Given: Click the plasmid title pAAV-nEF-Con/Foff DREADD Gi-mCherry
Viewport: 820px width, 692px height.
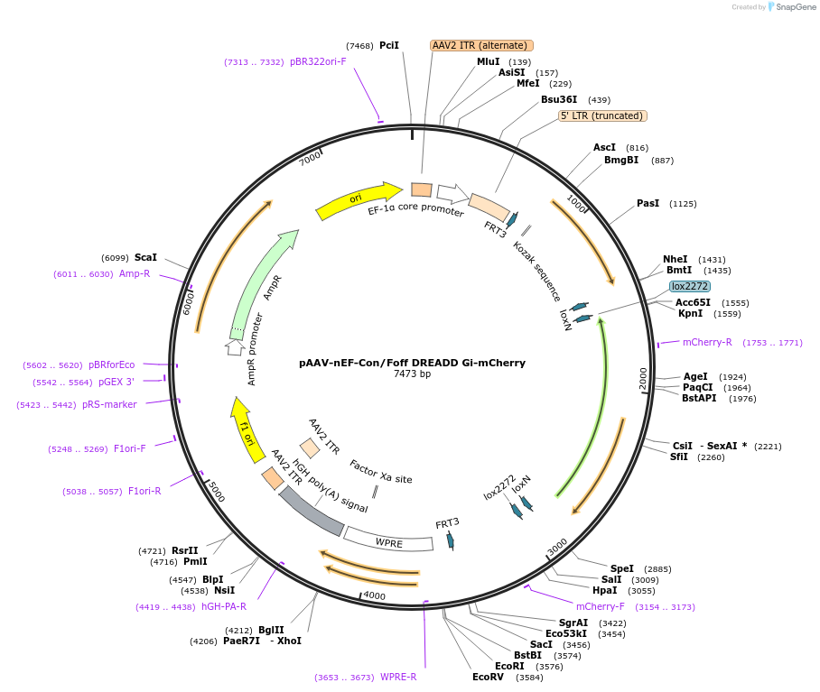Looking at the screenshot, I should pos(412,363).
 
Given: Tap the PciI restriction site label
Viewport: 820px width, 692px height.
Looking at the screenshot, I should pos(389,45).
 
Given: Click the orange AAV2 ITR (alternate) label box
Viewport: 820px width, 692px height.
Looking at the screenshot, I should pos(482,45).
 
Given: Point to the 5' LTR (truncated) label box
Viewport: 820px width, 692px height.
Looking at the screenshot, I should pos(602,115).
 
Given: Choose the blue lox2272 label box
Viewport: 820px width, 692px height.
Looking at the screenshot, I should pos(690,286).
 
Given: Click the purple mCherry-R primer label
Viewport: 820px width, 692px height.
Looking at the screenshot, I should pos(707,343).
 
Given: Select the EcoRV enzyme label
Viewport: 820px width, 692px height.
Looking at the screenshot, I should pos(488,677).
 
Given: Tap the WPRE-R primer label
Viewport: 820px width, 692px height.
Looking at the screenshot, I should pos(398,677).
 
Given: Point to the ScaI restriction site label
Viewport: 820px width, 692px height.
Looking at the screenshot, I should pos(145,257).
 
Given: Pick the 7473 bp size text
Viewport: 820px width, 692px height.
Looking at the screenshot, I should pos(412,374).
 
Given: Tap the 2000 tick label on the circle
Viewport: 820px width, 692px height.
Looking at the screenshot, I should pos(643,379).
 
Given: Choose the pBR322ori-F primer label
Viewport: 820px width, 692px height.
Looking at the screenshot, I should pos(318,61).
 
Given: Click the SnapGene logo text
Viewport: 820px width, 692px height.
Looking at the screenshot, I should pos(792,7).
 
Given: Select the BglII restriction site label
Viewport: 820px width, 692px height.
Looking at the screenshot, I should pos(271,630).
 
